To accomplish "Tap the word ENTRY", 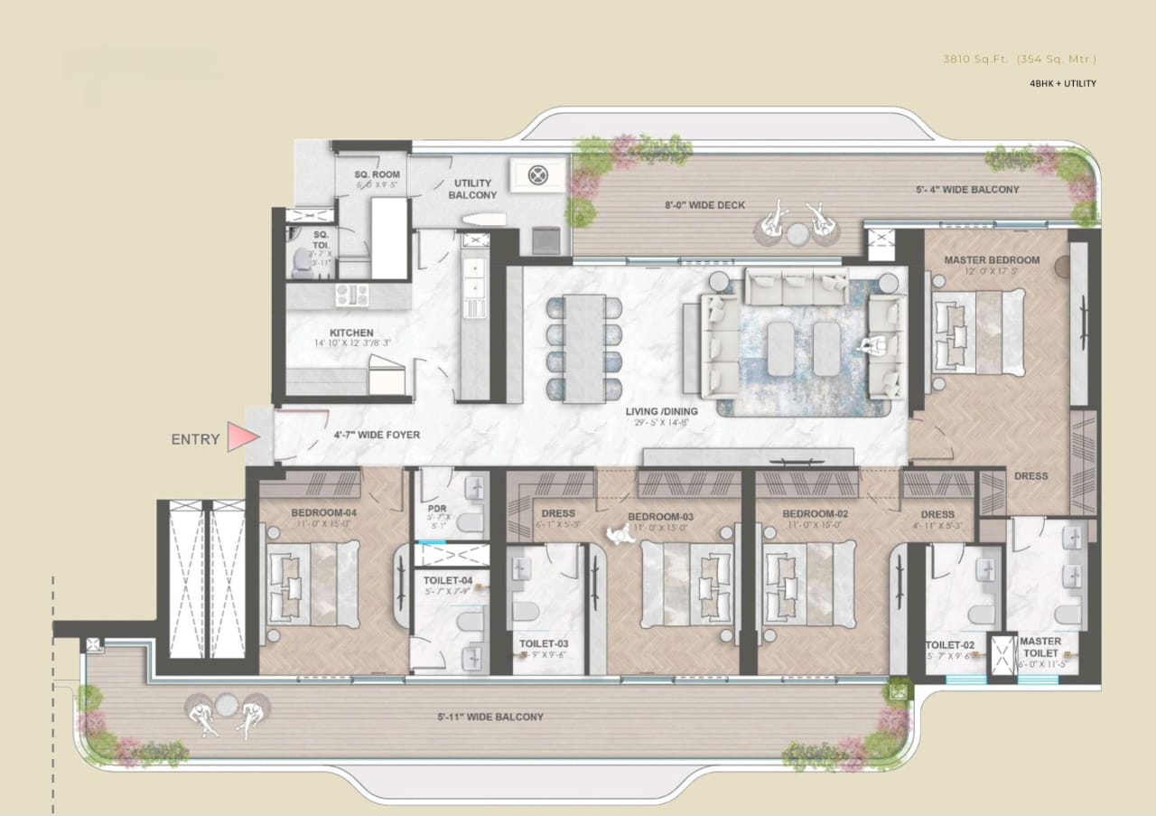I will coord(195,440).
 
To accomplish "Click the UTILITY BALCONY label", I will coord(472,189).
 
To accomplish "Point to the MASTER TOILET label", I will coord(1039,647).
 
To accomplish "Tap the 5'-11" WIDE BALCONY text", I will coord(490,717).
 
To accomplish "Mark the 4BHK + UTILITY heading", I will coord(1062,83).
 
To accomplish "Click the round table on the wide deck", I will coord(796,234).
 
